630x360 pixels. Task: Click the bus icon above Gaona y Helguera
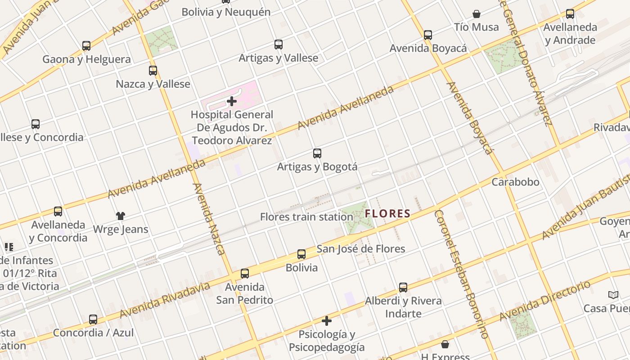coord(86,45)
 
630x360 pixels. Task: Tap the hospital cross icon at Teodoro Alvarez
coord(232,101)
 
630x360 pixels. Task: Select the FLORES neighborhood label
coord(388,214)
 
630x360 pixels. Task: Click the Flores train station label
coord(306,217)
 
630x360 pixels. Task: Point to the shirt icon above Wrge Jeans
coord(120,216)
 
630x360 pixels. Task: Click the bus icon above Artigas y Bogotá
coord(317,153)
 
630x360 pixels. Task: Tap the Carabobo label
coord(515,182)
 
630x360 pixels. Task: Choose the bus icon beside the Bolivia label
coord(301,254)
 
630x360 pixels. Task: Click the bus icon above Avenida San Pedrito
coord(245,273)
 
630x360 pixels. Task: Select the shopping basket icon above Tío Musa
coord(477,14)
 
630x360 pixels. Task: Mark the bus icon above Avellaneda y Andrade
coord(570,14)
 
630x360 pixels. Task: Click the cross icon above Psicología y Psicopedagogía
coord(327,321)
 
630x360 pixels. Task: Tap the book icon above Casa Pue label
coord(613,295)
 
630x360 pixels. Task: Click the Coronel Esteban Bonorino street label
coord(462,274)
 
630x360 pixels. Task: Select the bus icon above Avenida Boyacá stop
coord(428,35)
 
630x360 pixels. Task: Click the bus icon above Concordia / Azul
coord(93,319)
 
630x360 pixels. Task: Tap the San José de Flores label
coord(361,249)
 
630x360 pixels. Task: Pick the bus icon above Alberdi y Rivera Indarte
coord(403,287)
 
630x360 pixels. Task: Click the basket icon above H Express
coord(445,344)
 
